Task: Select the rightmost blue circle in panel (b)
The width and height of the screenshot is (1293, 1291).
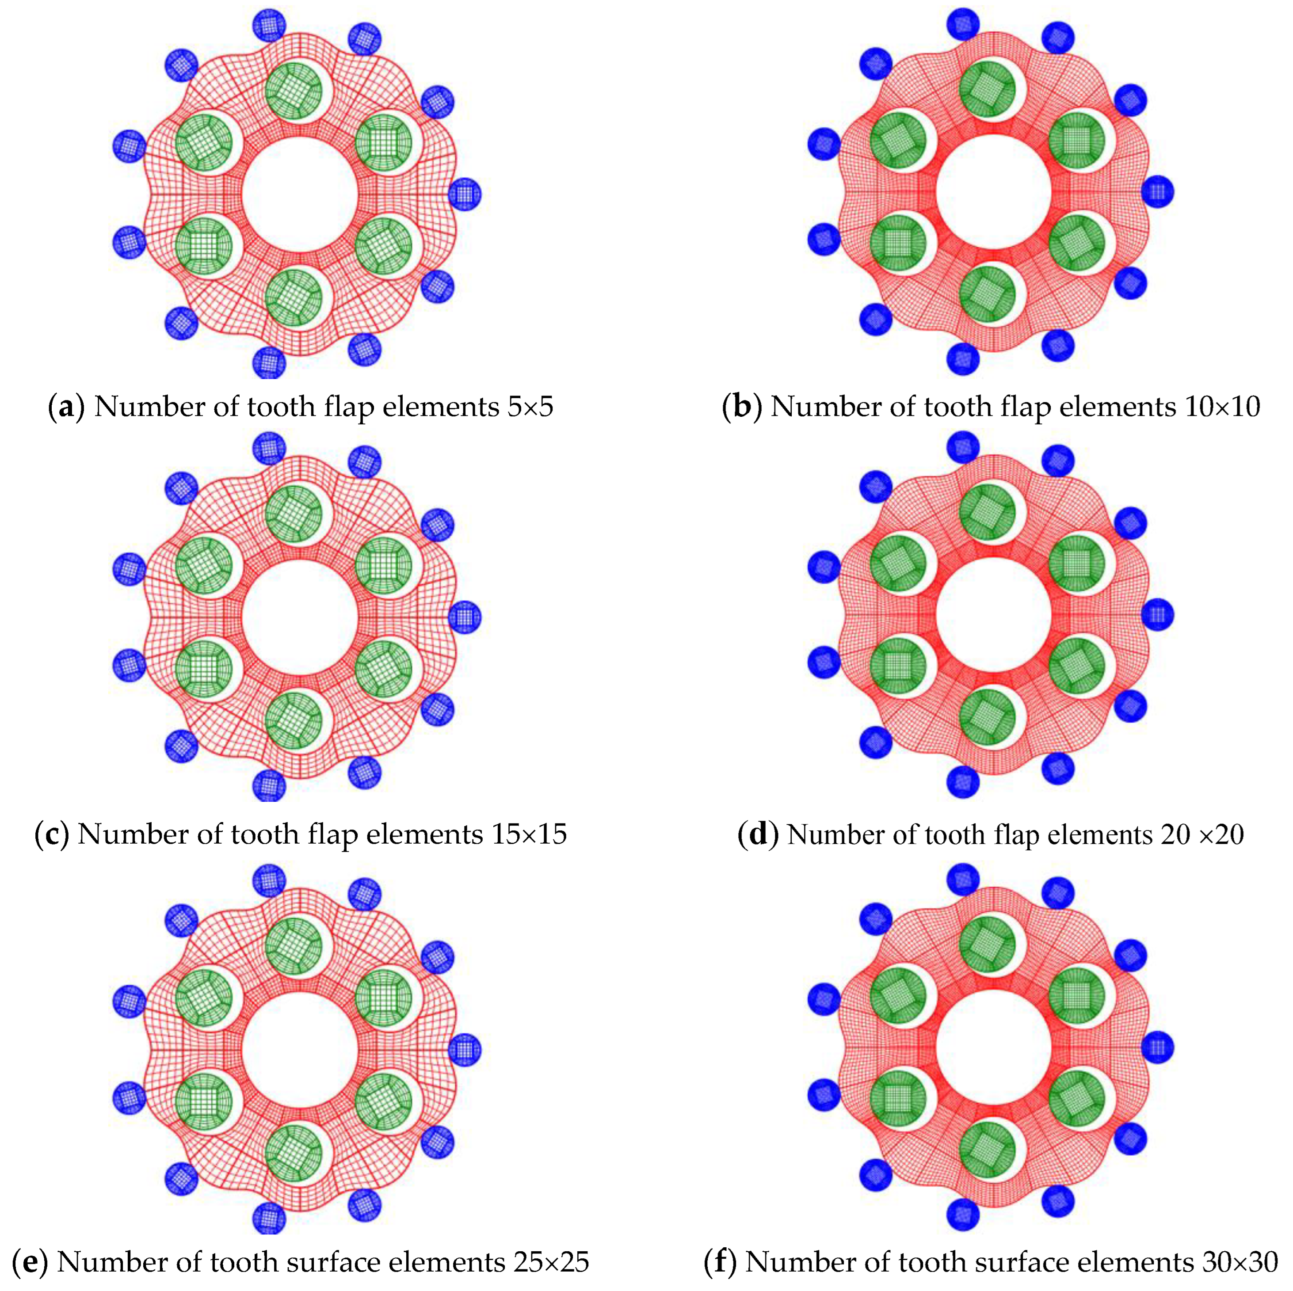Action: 1157,192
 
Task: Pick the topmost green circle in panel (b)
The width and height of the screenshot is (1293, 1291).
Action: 987,89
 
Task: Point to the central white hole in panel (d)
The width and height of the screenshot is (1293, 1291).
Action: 993,614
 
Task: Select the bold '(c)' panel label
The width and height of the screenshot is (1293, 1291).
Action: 52,834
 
